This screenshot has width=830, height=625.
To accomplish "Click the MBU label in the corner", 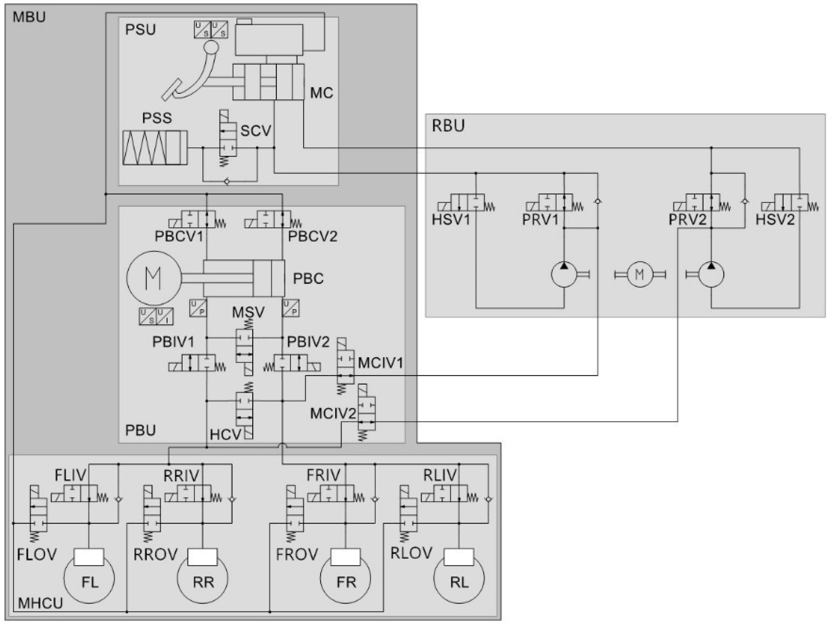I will point(29,17).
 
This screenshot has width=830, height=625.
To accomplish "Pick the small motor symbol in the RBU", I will point(639,275).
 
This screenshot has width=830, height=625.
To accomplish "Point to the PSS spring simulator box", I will point(155,148).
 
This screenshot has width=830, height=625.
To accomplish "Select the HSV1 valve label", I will point(451,220).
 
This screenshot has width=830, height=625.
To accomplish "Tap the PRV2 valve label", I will point(687,220).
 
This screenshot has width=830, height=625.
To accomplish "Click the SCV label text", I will point(256,131).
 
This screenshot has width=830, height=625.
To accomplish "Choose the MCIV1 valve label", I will point(380,363).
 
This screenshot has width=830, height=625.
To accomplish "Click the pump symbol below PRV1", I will point(564,275).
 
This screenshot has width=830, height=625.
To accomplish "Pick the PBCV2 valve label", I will point(313,236).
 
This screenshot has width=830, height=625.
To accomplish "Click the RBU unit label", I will point(448,126).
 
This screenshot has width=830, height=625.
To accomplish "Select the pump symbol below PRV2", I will point(711,275).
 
